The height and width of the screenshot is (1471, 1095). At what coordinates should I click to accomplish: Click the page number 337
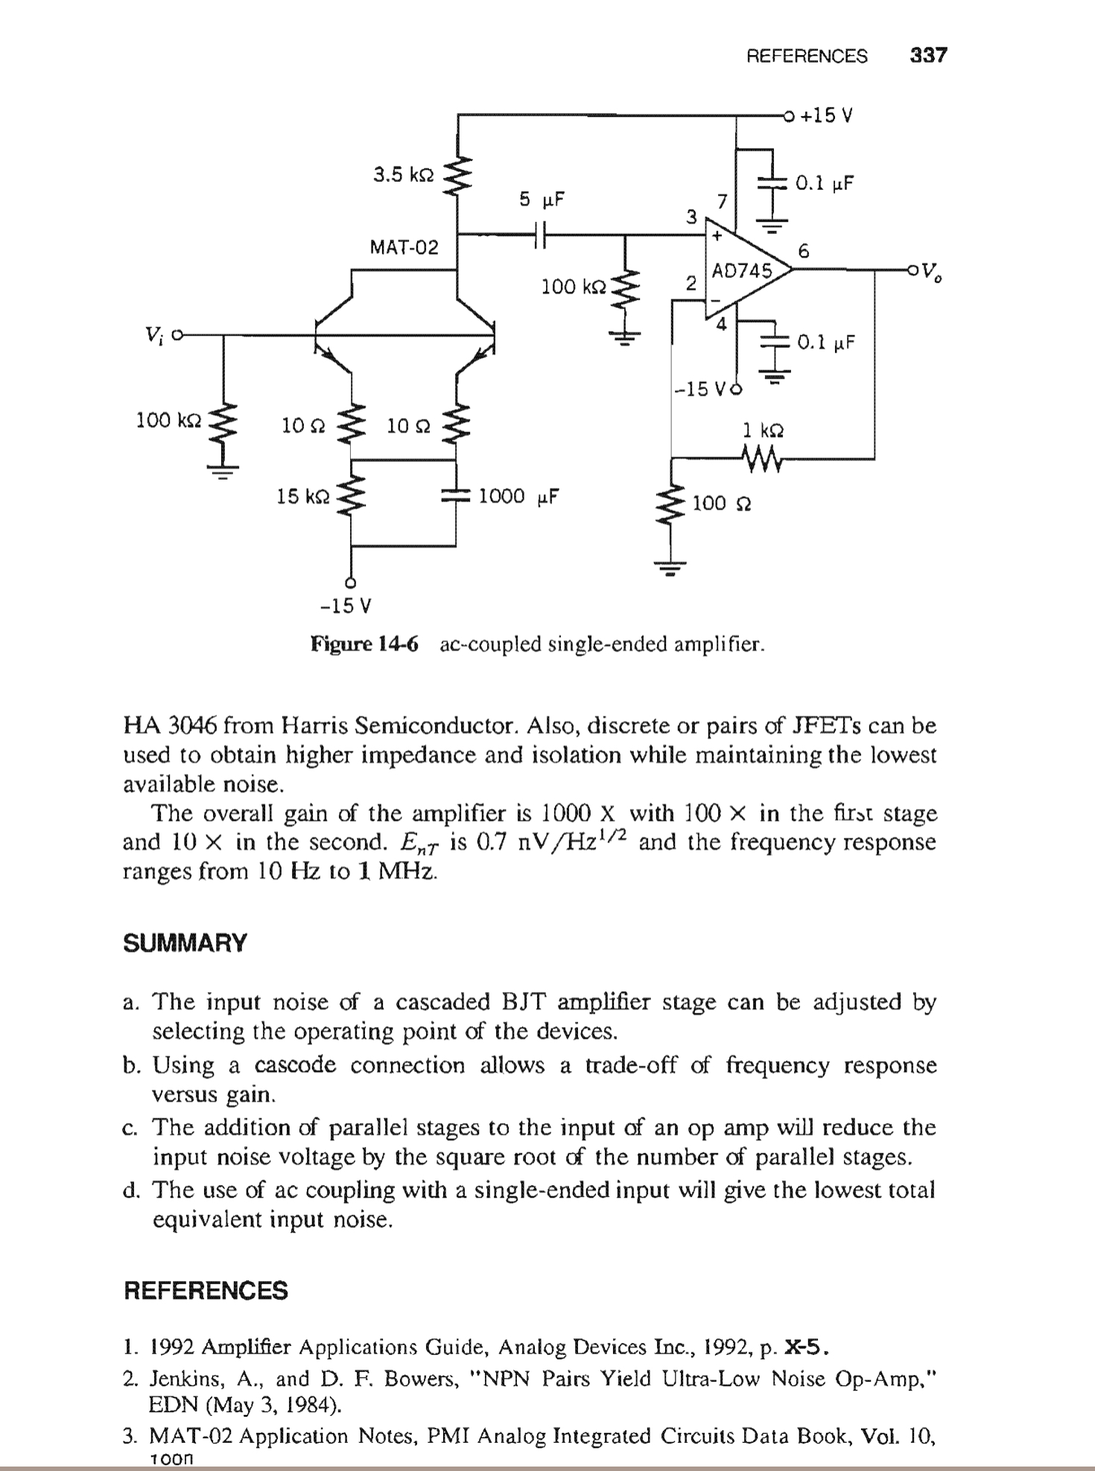[x=928, y=56]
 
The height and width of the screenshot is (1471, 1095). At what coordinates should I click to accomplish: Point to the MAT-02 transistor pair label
[x=404, y=247]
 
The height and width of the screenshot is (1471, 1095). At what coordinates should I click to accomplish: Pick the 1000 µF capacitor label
[x=518, y=496]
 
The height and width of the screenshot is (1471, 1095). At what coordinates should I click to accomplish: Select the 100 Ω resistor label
[x=721, y=503]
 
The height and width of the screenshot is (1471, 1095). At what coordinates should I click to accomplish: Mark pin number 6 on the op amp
[x=803, y=251]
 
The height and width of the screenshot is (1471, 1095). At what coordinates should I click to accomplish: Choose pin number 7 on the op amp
[x=720, y=200]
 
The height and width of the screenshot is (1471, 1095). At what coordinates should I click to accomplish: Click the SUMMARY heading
[x=185, y=943]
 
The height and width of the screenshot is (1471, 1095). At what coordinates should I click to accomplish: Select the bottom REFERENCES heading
[x=206, y=1290]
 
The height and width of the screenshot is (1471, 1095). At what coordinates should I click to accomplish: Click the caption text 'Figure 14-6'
[x=365, y=644]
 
